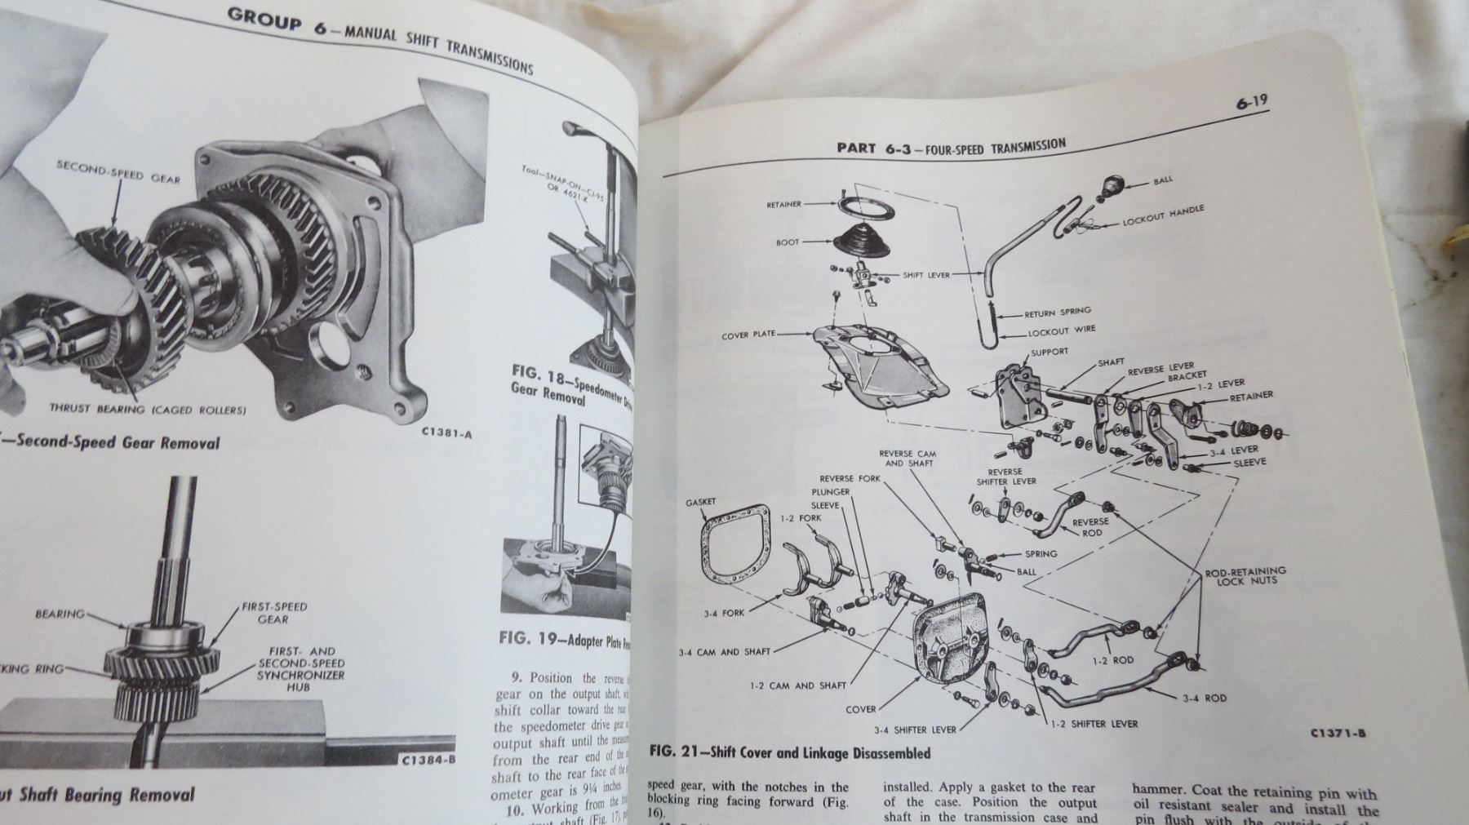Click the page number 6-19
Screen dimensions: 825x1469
[1251, 103]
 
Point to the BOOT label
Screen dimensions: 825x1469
[788, 242]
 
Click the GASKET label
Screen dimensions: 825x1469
[701, 503]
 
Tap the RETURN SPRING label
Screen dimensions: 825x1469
[1058, 313]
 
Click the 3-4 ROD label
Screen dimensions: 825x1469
[1204, 698]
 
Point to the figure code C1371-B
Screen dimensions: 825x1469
[1338, 733]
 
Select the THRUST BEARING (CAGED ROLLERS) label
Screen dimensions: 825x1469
[147, 409]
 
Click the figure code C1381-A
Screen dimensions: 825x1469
[446, 434]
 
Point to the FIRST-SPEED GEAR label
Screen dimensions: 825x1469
[273, 613]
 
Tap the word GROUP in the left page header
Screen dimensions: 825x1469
[264, 19]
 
